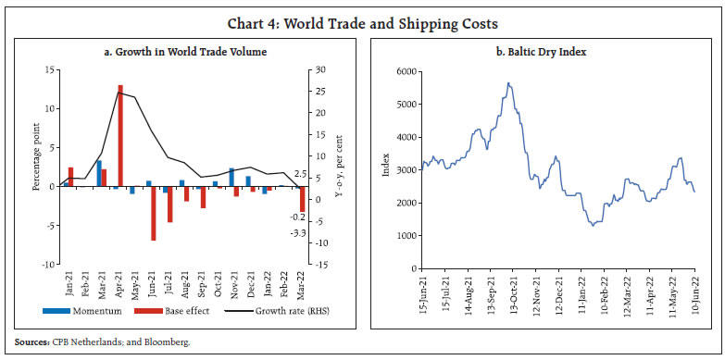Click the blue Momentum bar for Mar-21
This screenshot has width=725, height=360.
click(99, 173)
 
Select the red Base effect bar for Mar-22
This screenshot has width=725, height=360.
click(302, 199)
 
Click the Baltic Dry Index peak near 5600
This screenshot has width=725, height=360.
click(507, 83)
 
